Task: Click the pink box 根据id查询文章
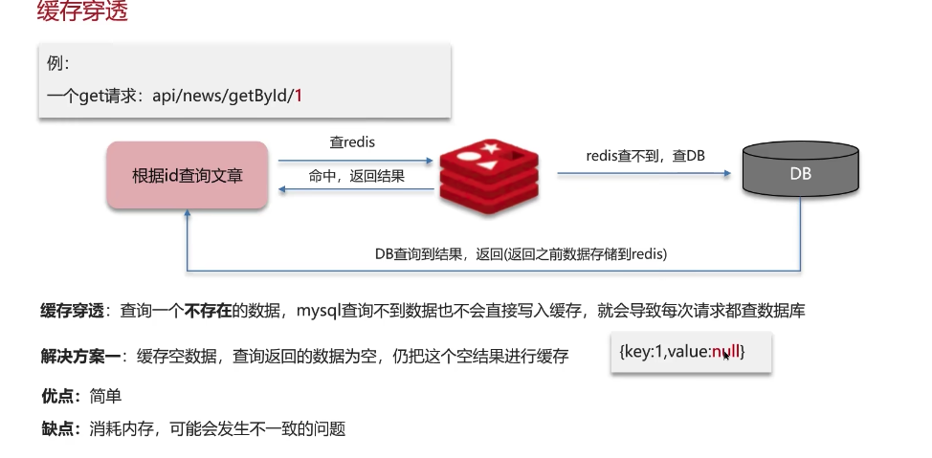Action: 187,176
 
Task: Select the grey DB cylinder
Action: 800,174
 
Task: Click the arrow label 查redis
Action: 352,142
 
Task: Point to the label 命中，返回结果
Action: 356,176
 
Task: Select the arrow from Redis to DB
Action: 644,174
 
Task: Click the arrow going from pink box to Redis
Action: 355,160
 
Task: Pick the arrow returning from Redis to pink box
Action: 355,190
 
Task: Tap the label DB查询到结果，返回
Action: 521,253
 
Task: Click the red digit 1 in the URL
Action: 299,96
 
